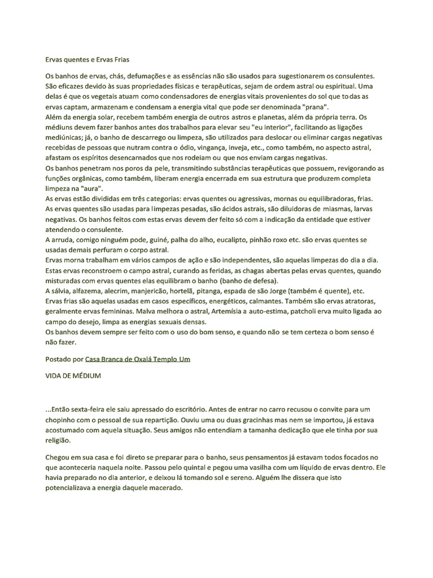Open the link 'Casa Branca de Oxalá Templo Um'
[x=138, y=359]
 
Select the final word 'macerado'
[x=167, y=489]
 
